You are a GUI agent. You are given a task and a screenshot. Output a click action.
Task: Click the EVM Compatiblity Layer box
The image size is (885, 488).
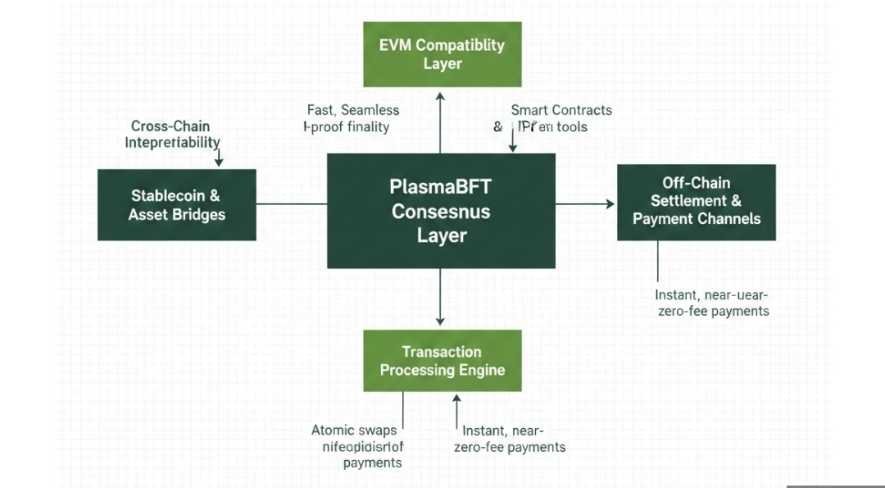click(442, 54)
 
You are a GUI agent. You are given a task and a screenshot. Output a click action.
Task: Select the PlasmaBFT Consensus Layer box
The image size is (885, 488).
click(441, 211)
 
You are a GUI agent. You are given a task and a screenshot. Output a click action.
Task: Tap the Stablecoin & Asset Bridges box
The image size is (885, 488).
click(176, 205)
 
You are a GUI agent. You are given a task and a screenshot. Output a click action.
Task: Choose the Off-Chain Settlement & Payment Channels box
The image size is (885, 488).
click(696, 202)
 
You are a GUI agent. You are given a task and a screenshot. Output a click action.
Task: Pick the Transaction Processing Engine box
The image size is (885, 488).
click(442, 361)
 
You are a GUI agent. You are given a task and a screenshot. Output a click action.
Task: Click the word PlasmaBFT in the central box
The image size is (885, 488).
click(441, 187)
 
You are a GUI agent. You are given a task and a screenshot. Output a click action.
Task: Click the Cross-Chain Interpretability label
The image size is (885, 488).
click(171, 135)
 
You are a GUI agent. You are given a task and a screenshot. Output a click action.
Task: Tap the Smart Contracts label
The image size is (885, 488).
click(560, 110)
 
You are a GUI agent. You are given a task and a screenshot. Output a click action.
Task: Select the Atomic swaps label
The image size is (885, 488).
click(355, 430)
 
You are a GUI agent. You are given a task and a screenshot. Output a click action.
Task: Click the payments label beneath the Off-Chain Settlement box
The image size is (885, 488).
click(711, 303)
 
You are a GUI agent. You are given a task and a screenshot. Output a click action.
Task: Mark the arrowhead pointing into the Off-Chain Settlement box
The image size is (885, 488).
click(610, 203)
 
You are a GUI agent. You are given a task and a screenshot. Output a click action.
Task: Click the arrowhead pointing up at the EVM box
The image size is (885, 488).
click(440, 96)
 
